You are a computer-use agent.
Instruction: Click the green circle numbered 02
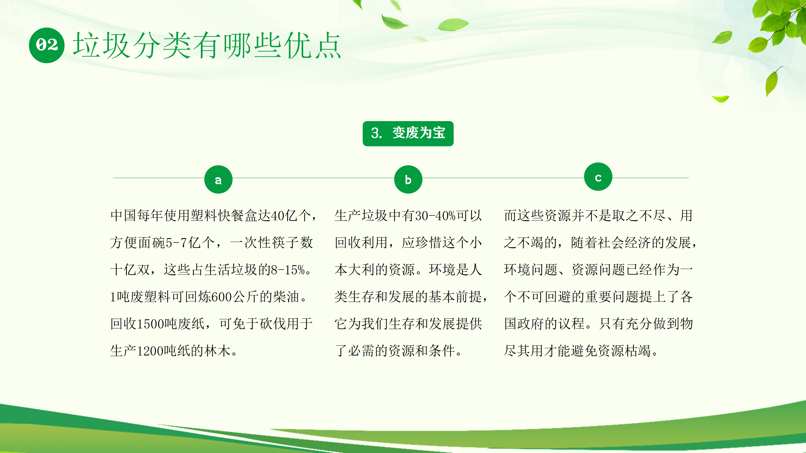(x=47, y=45)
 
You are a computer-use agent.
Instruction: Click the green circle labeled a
(x=218, y=179)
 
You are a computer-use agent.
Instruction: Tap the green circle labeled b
(x=408, y=179)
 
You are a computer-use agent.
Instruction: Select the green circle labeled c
(x=598, y=176)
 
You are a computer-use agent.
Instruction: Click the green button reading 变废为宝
(x=408, y=133)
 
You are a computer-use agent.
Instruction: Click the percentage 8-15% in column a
(x=288, y=270)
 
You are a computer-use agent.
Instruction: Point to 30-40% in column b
(x=435, y=216)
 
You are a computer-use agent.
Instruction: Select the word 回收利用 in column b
(x=361, y=243)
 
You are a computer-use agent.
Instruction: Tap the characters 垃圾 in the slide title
(x=101, y=45)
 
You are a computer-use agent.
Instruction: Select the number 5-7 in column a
(x=177, y=243)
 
